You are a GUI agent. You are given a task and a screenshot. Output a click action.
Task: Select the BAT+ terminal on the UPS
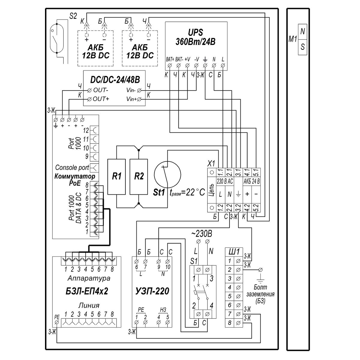click(x=170, y=66)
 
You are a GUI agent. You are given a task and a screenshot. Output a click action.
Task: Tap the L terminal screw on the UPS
click(x=223, y=66)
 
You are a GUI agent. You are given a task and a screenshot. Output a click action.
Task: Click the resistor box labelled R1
click(x=117, y=177)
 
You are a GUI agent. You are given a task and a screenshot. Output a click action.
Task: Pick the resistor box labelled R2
click(x=139, y=177)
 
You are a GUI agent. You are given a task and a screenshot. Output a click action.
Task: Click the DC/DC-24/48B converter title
click(x=115, y=80)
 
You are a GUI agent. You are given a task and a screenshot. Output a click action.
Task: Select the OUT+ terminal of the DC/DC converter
click(x=90, y=99)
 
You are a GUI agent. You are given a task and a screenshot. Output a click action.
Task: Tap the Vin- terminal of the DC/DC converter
click(x=139, y=91)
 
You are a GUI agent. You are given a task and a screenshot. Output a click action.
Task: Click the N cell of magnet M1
click(x=302, y=31)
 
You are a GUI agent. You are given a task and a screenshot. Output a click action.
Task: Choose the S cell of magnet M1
click(x=302, y=47)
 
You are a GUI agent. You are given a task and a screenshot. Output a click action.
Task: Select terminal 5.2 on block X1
click(x=256, y=208)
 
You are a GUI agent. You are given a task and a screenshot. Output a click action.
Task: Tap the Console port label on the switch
click(x=72, y=168)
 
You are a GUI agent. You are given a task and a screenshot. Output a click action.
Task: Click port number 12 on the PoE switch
click(x=86, y=130)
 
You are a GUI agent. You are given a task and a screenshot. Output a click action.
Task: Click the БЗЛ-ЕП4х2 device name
click(x=87, y=291)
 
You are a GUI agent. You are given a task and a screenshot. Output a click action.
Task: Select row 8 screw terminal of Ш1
click(x=238, y=323)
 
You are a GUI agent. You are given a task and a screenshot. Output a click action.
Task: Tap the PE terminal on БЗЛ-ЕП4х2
click(x=57, y=322)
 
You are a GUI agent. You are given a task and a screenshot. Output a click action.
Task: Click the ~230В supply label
click(x=202, y=234)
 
